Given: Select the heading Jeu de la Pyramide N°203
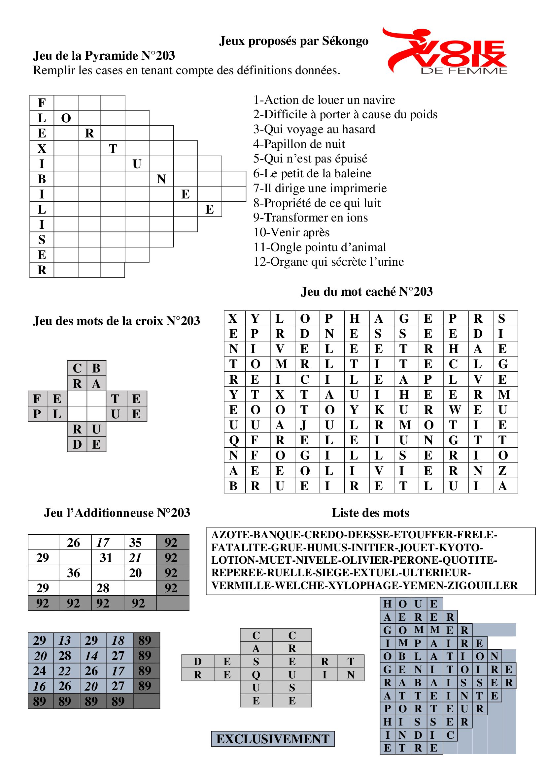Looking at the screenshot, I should coord(104,56).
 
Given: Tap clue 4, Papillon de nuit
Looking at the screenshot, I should coord(299,144).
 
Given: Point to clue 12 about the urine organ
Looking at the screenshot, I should coord(328,262).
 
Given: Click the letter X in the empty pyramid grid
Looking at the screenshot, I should coord(42,148).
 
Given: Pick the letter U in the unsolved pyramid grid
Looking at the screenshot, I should coord(137,164).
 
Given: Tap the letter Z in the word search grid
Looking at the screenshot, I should coord(502,471).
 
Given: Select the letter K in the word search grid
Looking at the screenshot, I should coord(379,410).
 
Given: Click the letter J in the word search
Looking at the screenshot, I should coord(304,425).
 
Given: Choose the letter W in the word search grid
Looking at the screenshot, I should coord(453,410).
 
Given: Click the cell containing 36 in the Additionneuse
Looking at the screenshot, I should coord(74,573).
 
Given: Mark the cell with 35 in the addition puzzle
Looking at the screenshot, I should coord(135,543).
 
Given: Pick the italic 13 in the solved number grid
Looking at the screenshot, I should coord(65,641).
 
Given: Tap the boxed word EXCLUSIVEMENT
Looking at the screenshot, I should coord(273,739).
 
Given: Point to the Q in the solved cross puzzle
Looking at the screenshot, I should coord(256,674).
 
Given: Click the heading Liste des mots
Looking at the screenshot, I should coord(370,513).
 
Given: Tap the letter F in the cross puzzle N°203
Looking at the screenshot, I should coord(37,399).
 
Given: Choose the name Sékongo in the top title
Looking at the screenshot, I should coord(345,41).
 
